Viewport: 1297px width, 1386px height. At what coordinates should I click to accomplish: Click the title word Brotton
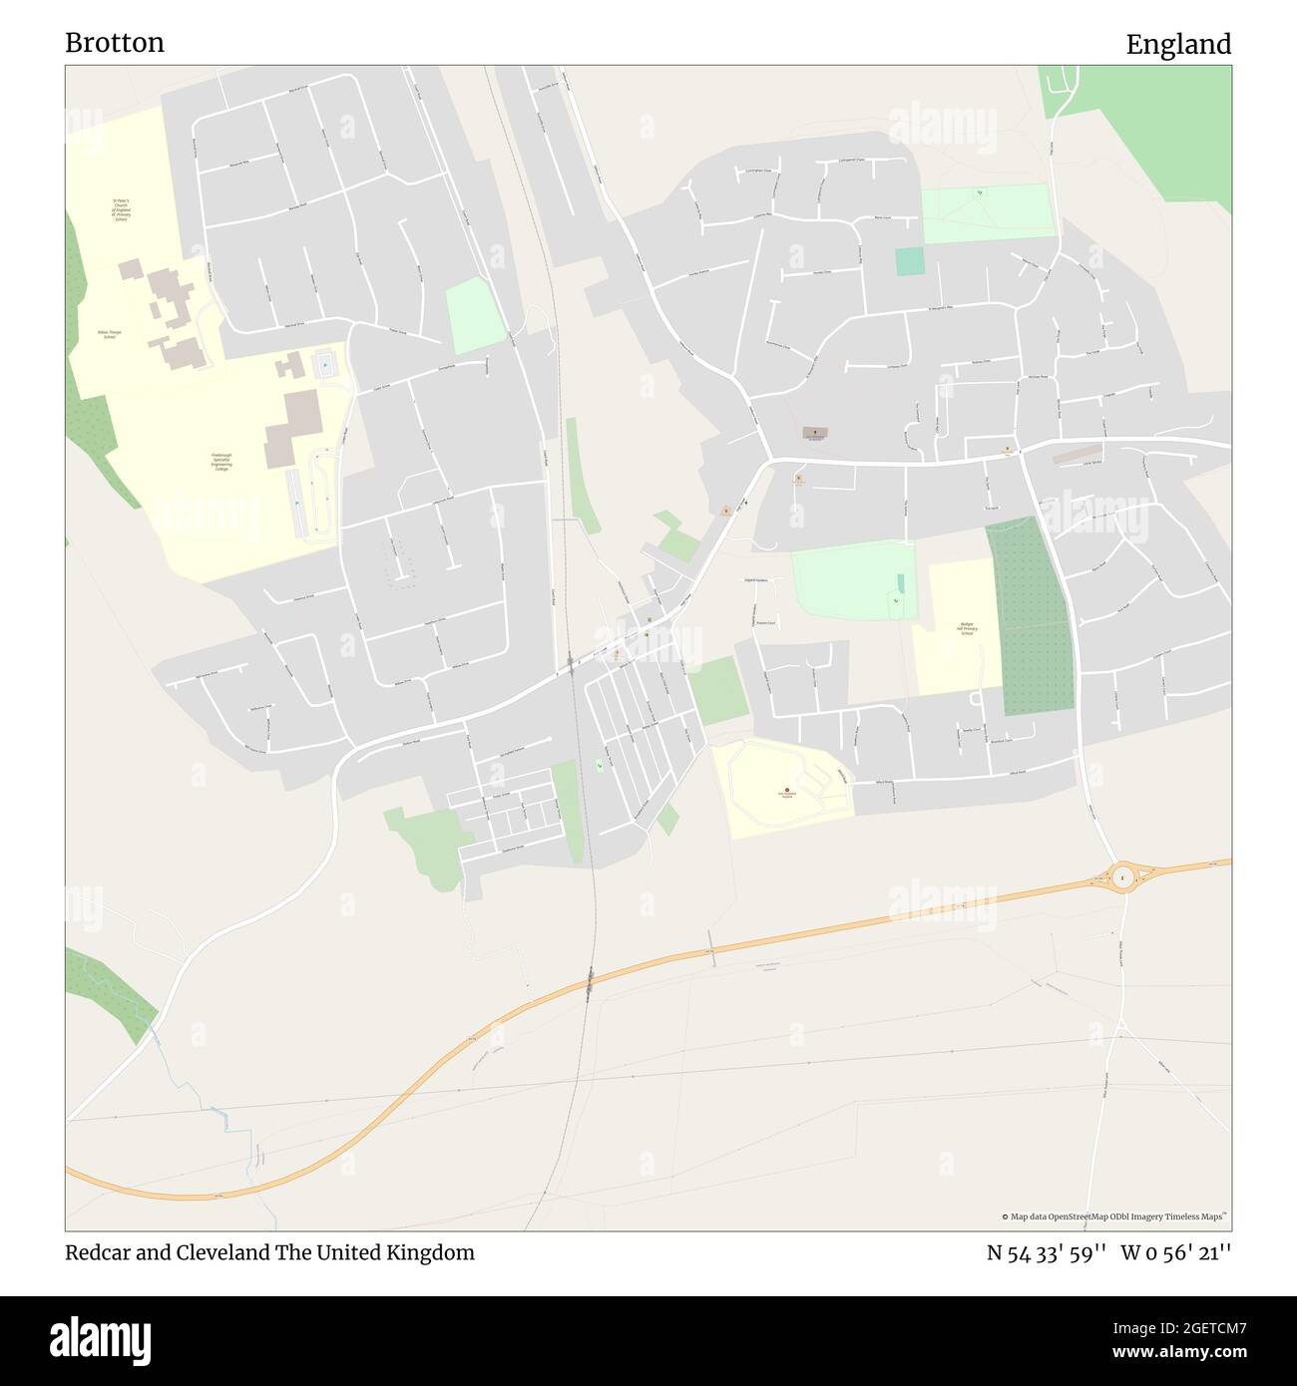115,43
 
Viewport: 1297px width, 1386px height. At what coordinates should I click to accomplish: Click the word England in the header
1178,45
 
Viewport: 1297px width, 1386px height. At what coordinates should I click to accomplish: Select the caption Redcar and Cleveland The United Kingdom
269,1252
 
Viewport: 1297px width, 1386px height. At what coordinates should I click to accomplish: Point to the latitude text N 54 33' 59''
1046,1252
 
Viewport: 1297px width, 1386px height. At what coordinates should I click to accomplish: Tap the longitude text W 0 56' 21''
1176,1252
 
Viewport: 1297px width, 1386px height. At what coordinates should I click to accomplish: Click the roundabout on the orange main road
1124,877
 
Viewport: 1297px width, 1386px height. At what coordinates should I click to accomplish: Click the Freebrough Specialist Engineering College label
220,462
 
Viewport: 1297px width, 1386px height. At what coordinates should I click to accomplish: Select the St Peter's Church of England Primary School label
121,209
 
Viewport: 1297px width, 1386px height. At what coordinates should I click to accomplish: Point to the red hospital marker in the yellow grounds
787,791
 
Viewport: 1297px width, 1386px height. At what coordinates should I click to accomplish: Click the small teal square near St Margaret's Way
909,261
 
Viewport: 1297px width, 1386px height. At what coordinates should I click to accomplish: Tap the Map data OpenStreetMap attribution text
1114,1216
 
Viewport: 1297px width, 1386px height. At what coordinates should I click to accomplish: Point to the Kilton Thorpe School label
110,334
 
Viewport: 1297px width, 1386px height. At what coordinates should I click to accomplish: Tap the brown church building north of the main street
815,433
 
